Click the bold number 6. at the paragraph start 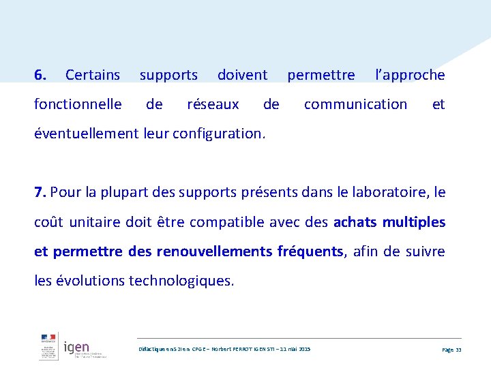pyautogui.click(x=40, y=75)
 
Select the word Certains pyautogui.click(x=93, y=75)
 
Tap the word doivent pyautogui.click(x=242, y=75)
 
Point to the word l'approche pyautogui.click(x=410, y=75)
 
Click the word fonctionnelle pyautogui.click(x=78, y=104)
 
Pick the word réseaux pyautogui.click(x=213, y=104)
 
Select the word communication pyautogui.click(x=355, y=104)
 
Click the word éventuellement pyautogui.click(x=87, y=134)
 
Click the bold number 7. pyautogui.click(x=40, y=192)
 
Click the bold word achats pyautogui.click(x=355, y=222)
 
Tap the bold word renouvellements pyautogui.click(x=214, y=251)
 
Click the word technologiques pyautogui.click(x=181, y=281)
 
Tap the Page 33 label pyautogui.click(x=451, y=349)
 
